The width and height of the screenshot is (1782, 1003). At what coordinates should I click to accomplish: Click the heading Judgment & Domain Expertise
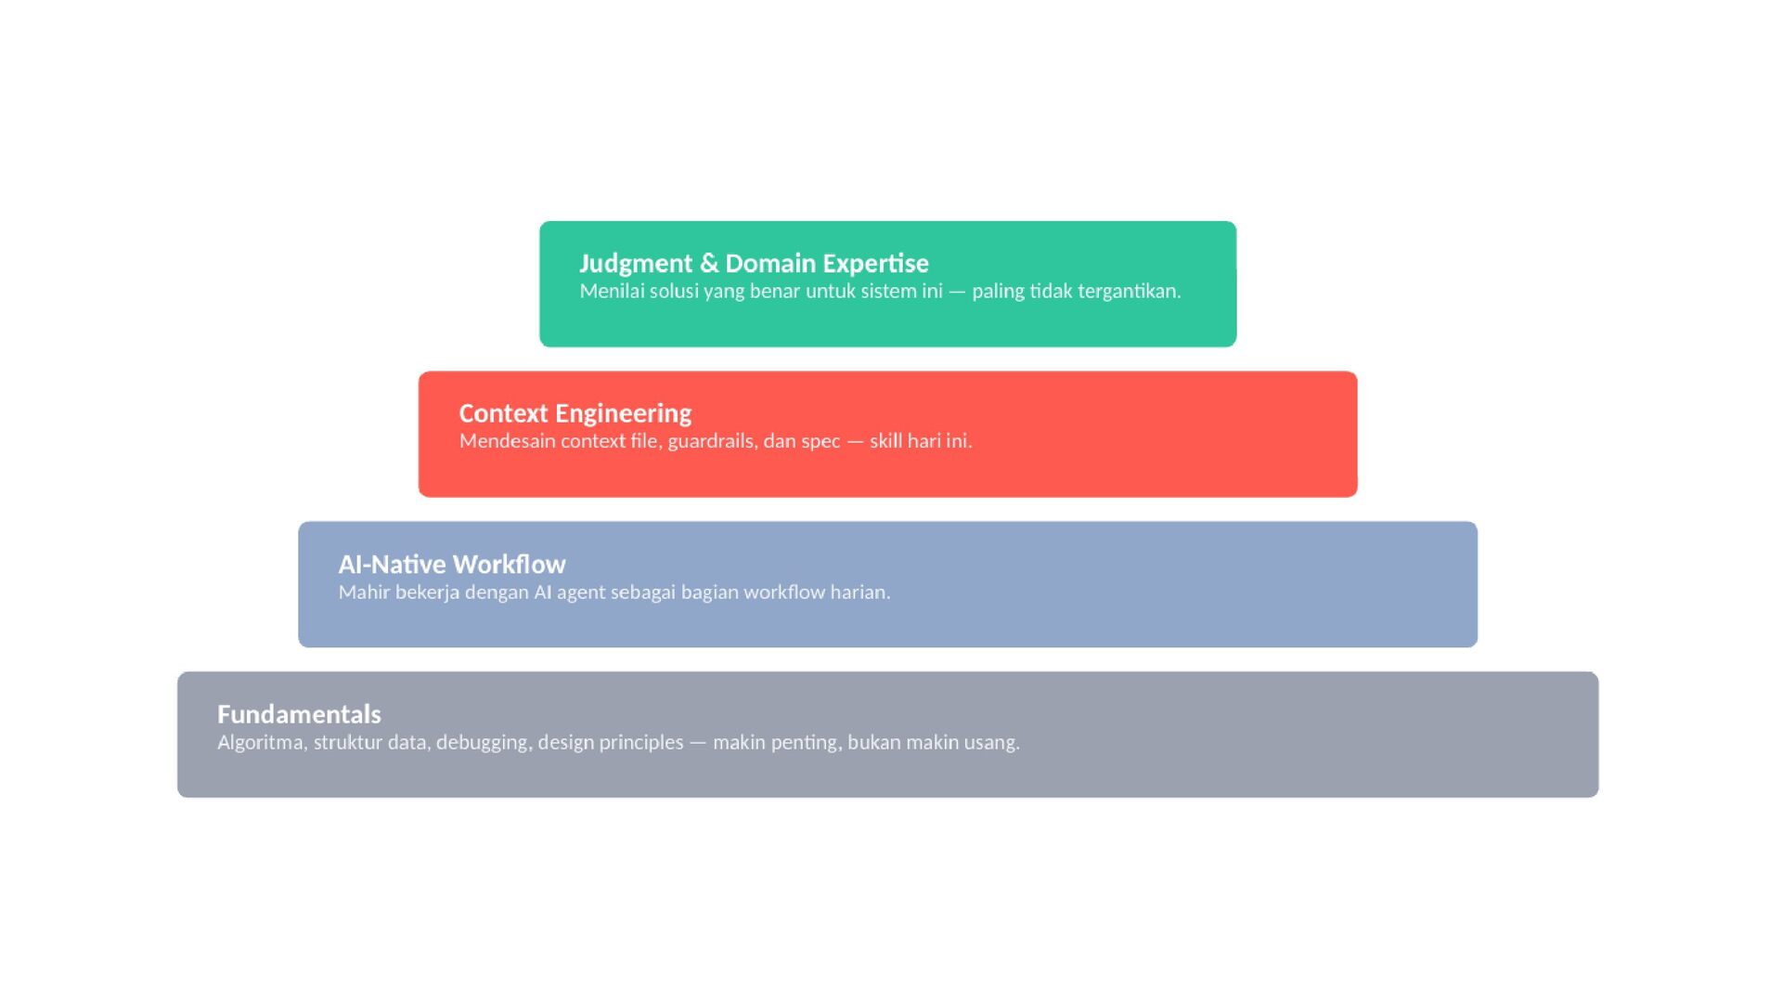click(x=754, y=264)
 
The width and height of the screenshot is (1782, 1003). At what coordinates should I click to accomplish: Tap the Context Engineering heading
click(x=575, y=414)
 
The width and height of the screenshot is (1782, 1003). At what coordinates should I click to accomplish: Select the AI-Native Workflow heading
click(x=452, y=565)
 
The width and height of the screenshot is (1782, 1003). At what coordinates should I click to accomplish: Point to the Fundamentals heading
click(x=299, y=714)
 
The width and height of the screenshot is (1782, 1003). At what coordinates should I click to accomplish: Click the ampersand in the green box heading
click(x=709, y=264)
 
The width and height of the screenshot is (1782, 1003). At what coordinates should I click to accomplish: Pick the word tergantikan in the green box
click(x=1129, y=292)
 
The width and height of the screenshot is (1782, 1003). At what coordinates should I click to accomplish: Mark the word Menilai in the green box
click(x=612, y=292)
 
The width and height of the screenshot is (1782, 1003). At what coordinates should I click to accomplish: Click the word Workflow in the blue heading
click(x=510, y=565)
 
